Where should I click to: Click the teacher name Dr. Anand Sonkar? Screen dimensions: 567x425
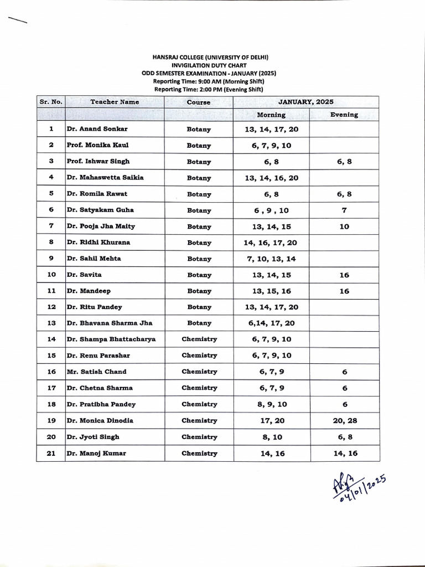[x=97, y=129]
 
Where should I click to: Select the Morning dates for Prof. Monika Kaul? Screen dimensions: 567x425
[x=271, y=146]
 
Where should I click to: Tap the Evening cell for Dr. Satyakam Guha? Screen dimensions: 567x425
[x=344, y=210]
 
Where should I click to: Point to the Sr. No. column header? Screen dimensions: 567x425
[x=51, y=102]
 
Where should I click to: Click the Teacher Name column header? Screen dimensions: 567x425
[x=115, y=102]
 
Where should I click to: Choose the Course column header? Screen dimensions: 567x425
[x=199, y=102]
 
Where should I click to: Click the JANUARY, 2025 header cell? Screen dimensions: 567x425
[x=306, y=102]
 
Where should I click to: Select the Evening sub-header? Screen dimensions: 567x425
[x=344, y=115]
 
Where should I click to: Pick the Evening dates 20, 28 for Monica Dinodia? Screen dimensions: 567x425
[x=345, y=421]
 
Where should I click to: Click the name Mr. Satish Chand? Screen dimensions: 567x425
[x=96, y=372]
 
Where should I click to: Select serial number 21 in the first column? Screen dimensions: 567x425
[x=51, y=453]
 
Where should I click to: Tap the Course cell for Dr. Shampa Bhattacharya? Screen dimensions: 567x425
[x=199, y=339]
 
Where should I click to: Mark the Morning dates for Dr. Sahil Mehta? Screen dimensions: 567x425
[x=271, y=259]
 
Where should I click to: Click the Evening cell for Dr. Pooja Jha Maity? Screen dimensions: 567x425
[x=344, y=226]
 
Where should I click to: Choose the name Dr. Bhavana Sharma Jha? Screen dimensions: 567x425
[x=109, y=323]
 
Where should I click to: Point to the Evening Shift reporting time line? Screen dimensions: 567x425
[x=208, y=89]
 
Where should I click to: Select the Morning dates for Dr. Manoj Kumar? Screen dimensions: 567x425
[x=271, y=453]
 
